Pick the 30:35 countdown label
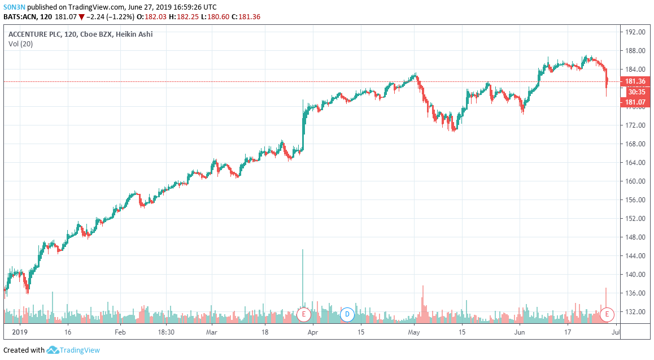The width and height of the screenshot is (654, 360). pyautogui.click(x=636, y=92)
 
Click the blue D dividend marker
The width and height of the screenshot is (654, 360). pyautogui.click(x=347, y=314)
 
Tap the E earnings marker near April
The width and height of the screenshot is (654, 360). pyautogui.click(x=304, y=314)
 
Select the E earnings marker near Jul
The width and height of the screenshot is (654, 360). pyautogui.click(x=607, y=314)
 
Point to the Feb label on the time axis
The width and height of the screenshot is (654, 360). pyautogui.click(x=120, y=332)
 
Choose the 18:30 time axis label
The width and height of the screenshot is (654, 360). pyautogui.click(x=165, y=332)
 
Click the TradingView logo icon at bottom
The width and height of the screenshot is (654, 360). pyautogui.click(x=53, y=350)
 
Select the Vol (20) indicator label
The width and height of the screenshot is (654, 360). pyautogui.click(x=20, y=44)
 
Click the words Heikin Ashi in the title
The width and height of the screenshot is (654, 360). pyautogui.click(x=134, y=34)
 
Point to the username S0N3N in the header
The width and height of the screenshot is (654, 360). pyautogui.click(x=15, y=6)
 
